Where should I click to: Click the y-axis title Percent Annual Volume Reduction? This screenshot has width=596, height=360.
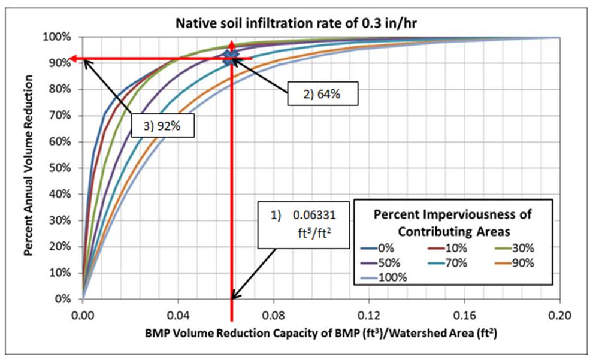tap(29, 168)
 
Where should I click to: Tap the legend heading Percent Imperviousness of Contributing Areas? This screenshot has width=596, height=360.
tap(452, 222)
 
